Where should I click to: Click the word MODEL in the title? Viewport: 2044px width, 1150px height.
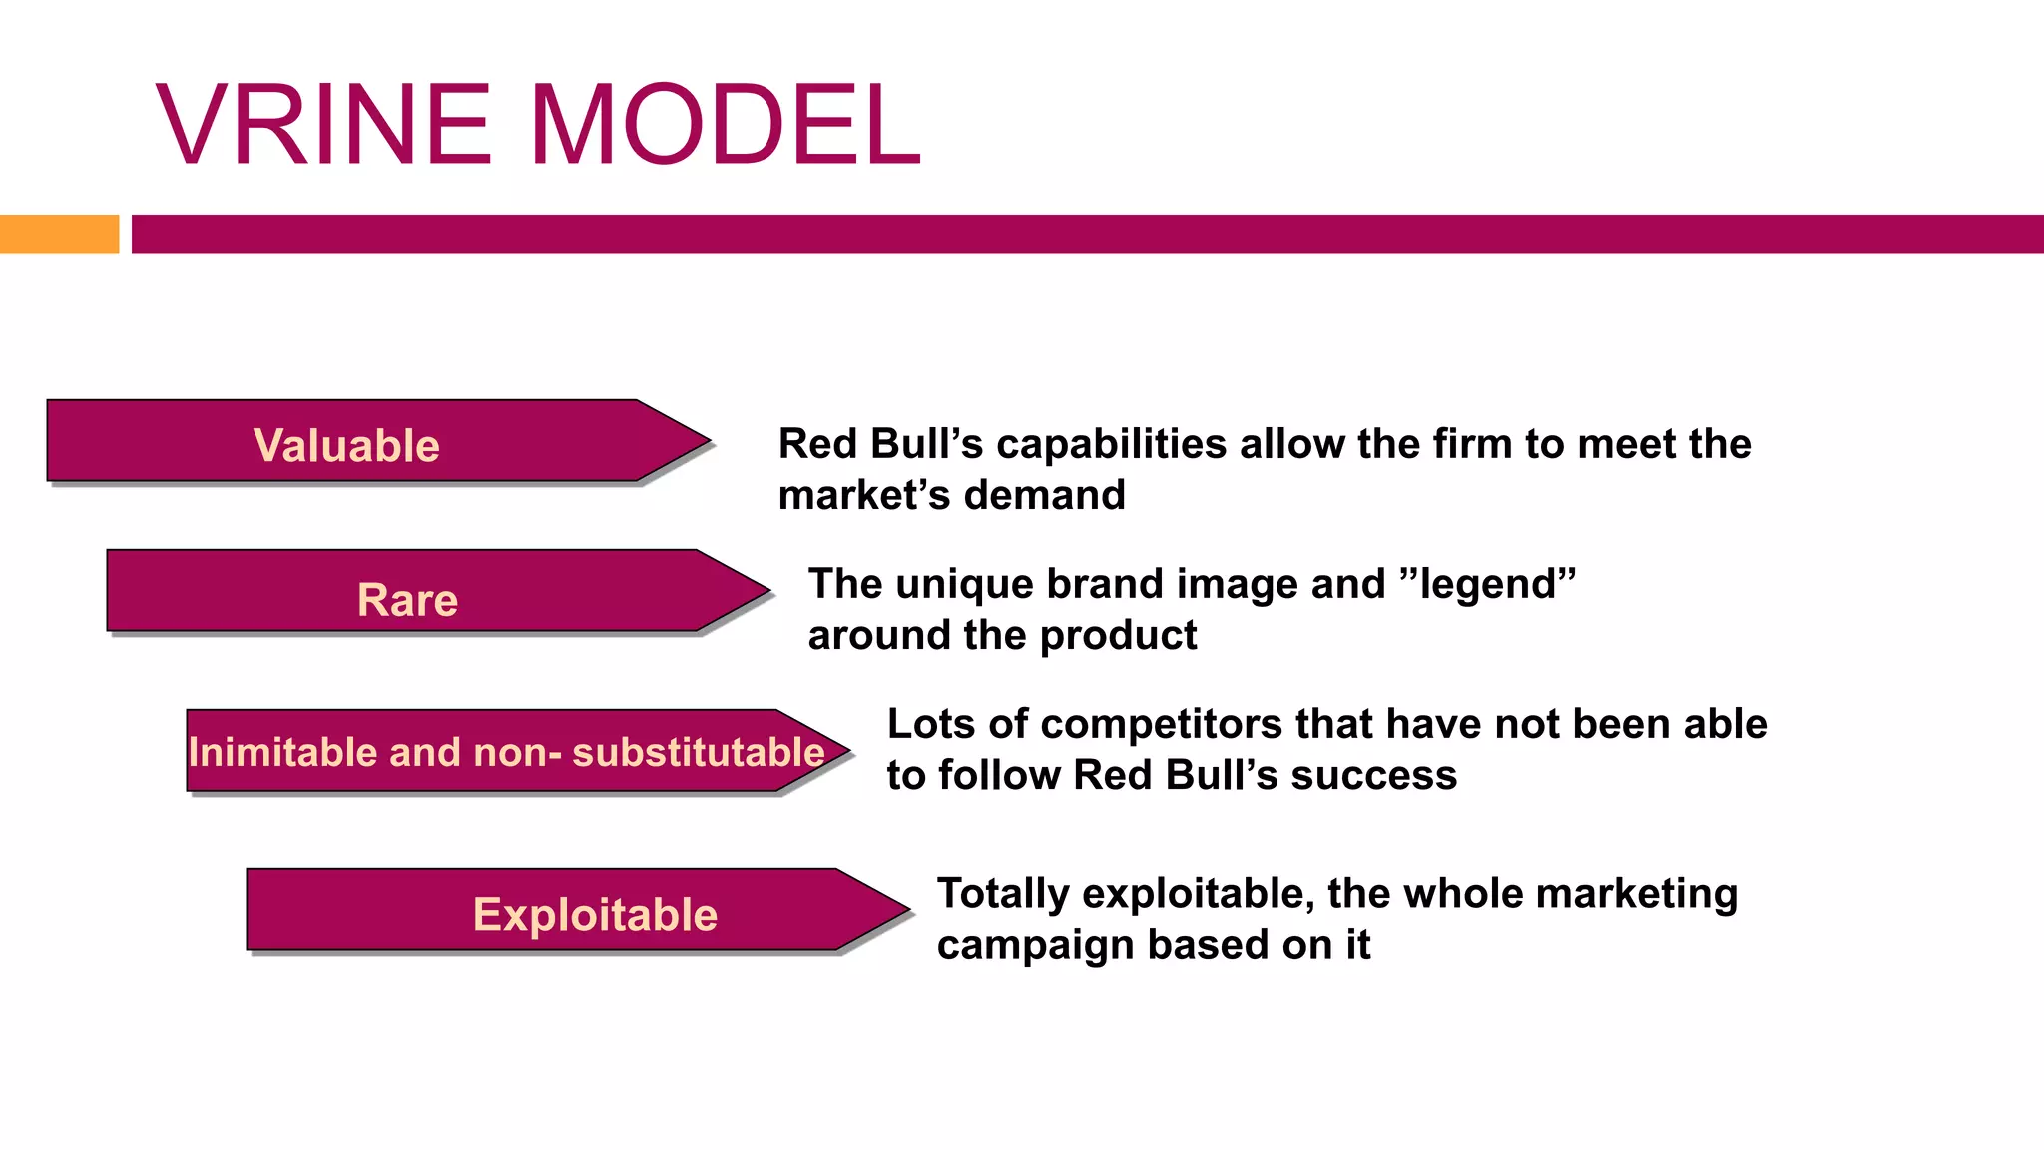pyautogui.click(x=726, y=125)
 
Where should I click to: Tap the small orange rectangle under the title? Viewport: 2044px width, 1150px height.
pyautogui.click(x=59, y=234)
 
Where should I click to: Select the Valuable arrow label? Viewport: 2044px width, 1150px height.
pyautogui.click(x=346, y=445)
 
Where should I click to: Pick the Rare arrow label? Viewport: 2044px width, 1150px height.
pyautogui.click(x=407, y=600)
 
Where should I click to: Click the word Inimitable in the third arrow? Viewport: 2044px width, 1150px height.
pyautogui.click(x=282, y=752)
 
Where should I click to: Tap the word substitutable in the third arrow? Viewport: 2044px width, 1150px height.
pyautogui.click(x=699, y=752)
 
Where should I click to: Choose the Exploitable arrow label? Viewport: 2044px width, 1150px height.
pyautogui.click(x=595, y=914)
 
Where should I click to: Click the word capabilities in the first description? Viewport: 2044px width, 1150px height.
pyautogui.click(x=1111, y=444)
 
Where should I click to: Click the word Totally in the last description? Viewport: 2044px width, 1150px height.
pyautogui.click(x=1003, y=893)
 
